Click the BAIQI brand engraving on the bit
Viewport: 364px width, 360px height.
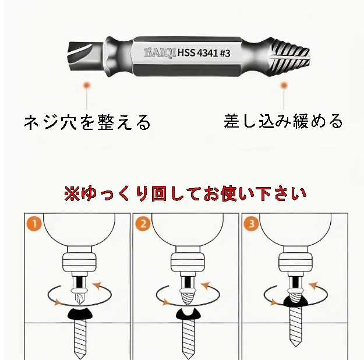(x=160, y=53)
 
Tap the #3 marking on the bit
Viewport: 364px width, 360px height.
(x=225, y=53)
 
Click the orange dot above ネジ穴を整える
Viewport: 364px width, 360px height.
(x=87, y=85)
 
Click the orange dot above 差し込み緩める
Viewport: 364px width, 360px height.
(x=284, y=86)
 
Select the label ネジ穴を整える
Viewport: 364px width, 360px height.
(x=87, y=122)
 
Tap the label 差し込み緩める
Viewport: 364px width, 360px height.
(x=283, y=121)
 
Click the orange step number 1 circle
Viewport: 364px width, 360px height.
(x=34, y=224)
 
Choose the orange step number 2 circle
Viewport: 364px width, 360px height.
(x=143, y=224)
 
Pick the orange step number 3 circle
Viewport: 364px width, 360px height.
(x=252, y=224)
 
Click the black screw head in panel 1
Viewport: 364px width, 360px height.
(x=80, y=313)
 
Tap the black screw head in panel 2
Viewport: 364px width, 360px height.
(x=189, y=313)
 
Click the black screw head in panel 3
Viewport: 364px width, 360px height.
(x=295, y=301)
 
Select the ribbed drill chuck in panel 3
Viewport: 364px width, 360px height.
(x=295, y=262)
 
